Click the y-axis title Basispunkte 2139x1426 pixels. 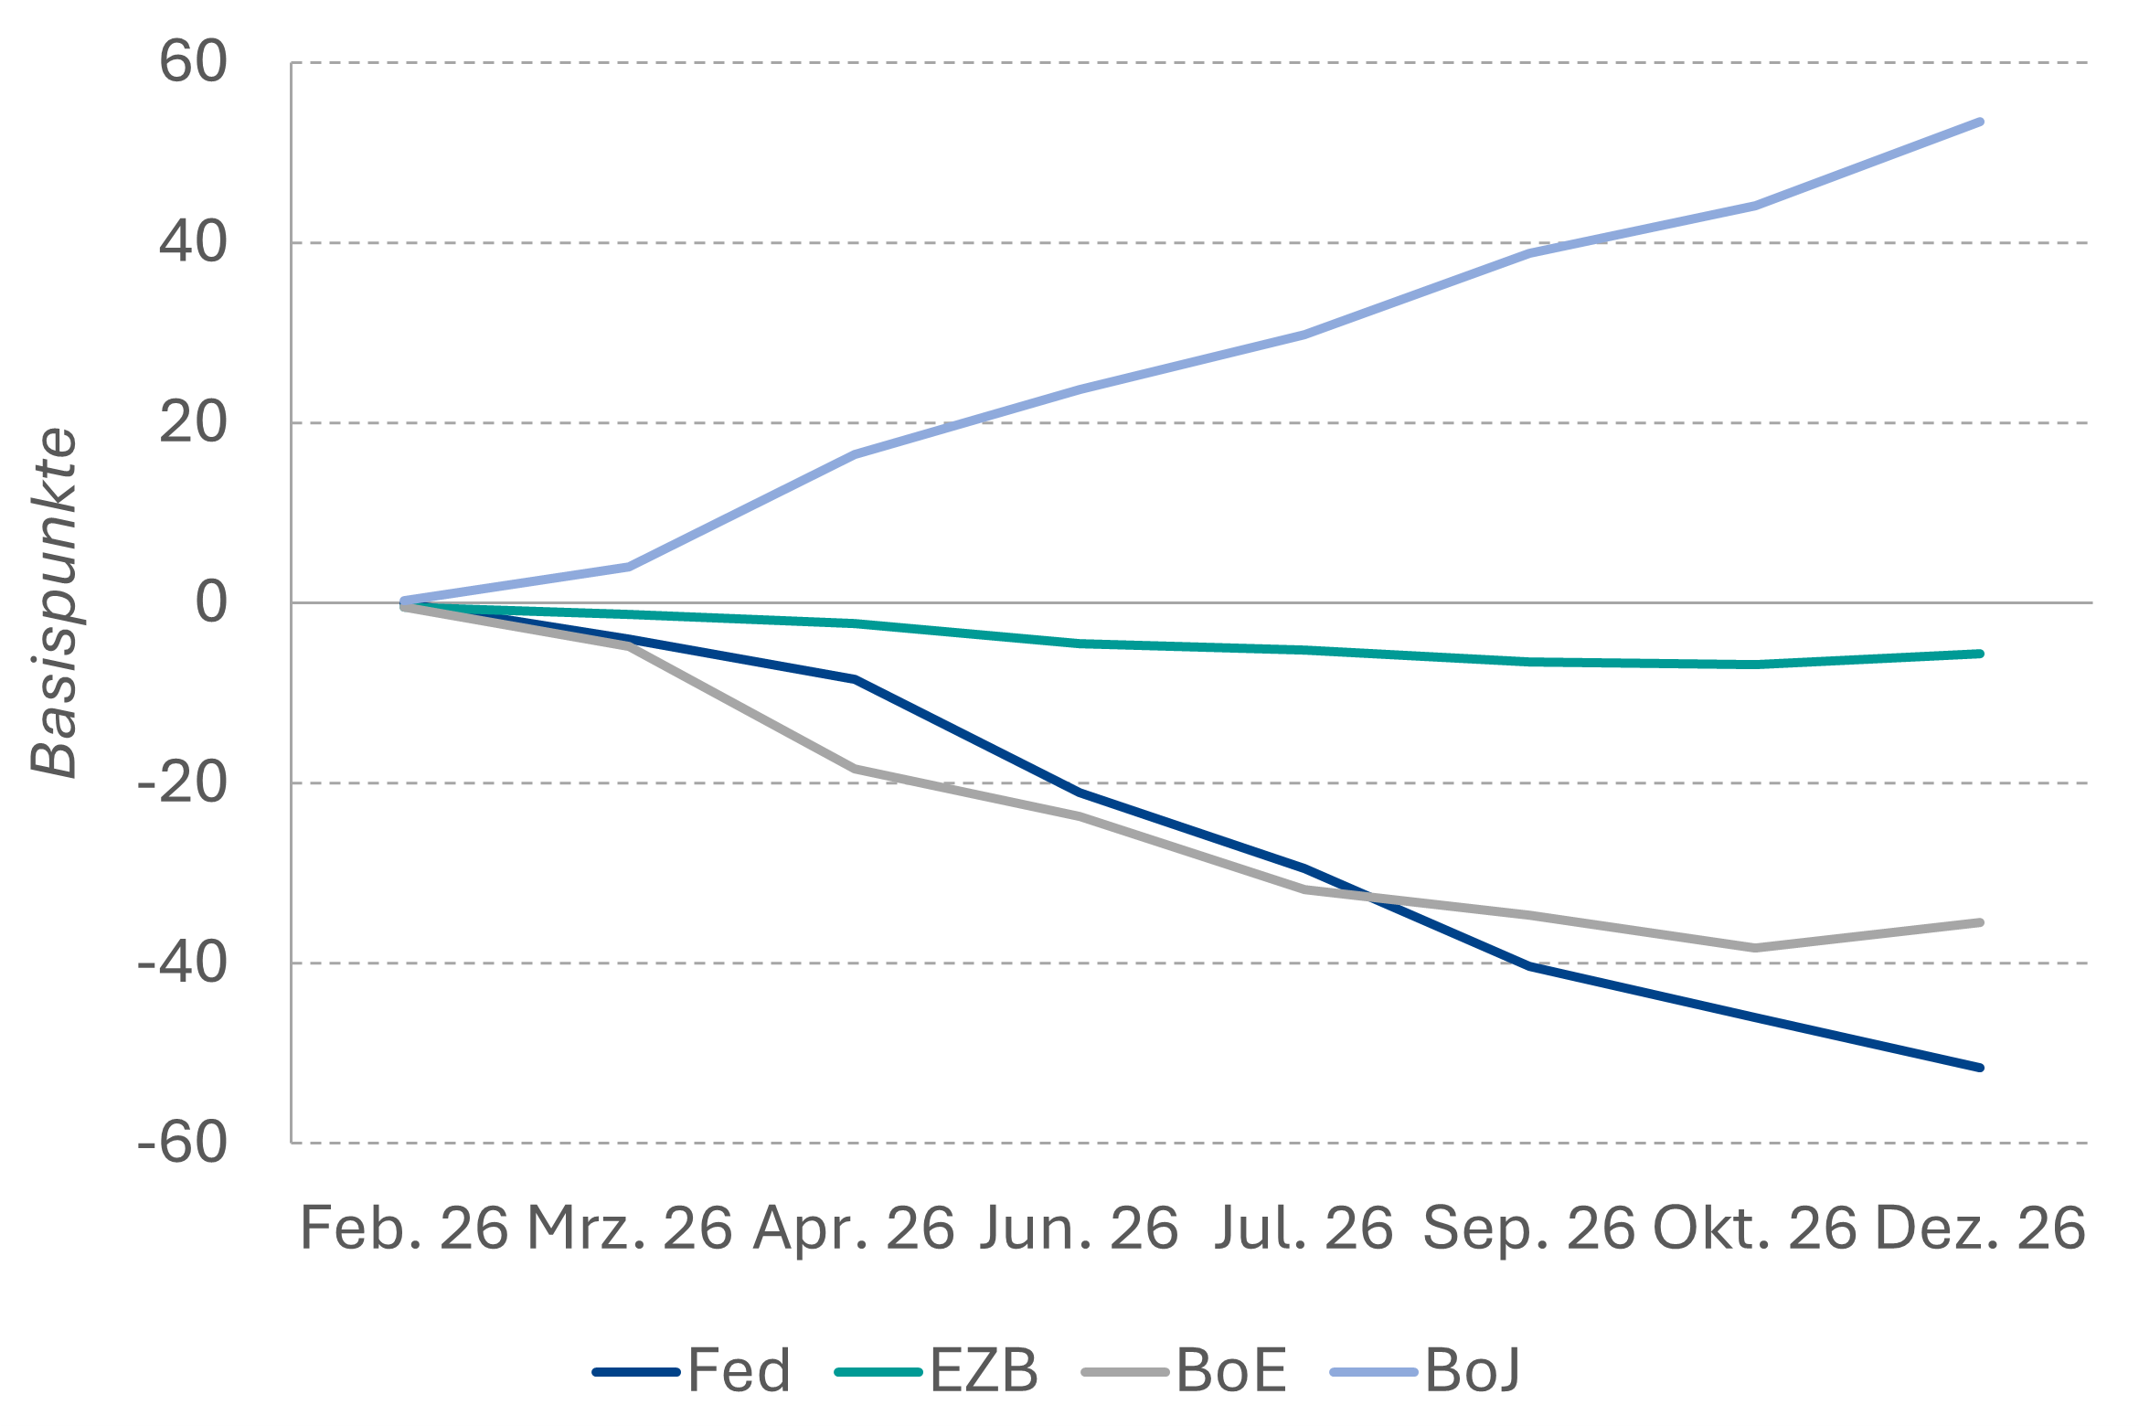click(x=55, y=603)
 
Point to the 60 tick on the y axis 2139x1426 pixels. click(x=193, y=62)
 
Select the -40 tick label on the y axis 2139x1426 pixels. click(x=182, y=963)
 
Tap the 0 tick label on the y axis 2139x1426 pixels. click(x=212, y=602)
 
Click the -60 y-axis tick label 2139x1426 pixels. click(x=182, y=1143)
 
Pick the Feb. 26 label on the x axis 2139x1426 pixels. click(x=404, y=1228)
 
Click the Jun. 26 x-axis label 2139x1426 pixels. click(x=1079, y=1228)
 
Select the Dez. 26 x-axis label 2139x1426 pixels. click(x=1980, y=1228)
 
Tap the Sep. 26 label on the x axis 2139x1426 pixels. click(x=1528, y=1228)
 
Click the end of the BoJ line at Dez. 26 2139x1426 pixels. click(x=1980, y=122)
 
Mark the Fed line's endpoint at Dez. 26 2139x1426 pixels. click(x=1980, y=1068)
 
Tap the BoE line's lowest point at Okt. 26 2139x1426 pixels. click(x=1755, y=948)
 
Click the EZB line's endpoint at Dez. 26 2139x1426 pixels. click(x=1980, y=654)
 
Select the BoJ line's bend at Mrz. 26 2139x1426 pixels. click(x=629, y=567)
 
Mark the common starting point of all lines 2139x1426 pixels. click(x=404, y=603)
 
